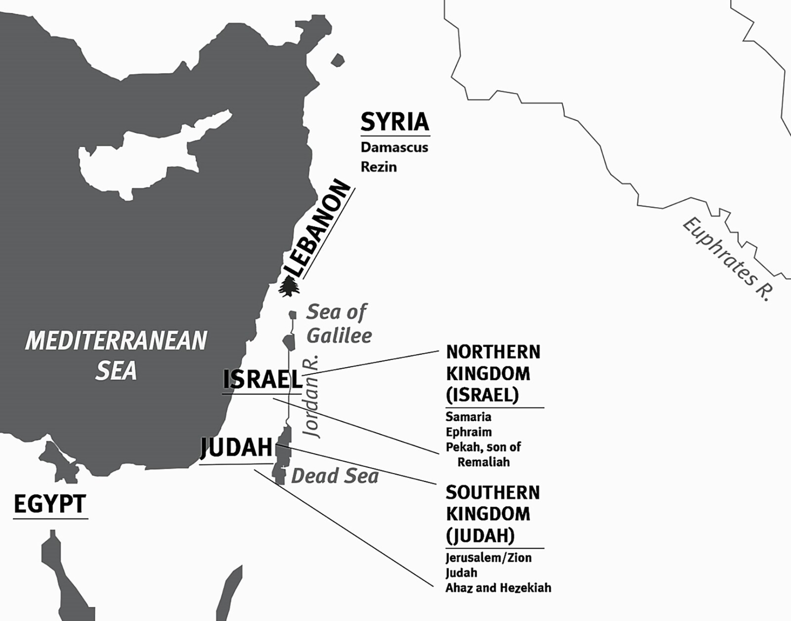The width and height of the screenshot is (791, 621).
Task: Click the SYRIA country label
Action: [395, 122]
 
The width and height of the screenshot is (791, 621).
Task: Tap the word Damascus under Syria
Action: [394, 147]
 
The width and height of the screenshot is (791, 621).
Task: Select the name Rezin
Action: [378, 167]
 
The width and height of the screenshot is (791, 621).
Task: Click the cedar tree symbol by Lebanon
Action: [289, 286]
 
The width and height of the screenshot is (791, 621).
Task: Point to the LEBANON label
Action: [319, 228]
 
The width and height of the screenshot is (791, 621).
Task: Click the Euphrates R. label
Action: [727, 259]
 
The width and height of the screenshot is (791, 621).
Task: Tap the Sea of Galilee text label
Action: [338, 324]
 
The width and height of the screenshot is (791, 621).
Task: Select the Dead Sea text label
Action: [335, 476]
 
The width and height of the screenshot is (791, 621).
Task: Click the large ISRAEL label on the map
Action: [262, 380]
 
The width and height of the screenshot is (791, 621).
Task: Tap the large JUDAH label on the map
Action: [236, 447]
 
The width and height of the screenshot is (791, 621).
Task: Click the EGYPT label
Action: [50, 504]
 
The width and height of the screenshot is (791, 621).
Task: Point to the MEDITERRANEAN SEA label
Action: [116, 355]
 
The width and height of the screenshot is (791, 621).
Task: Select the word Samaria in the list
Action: [468, 417]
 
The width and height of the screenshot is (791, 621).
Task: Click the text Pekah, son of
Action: [483, 447]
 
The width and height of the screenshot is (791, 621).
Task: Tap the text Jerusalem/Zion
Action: [488, 558]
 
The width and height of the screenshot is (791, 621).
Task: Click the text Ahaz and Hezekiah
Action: [498, 588]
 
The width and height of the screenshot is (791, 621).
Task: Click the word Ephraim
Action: [468, 432]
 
